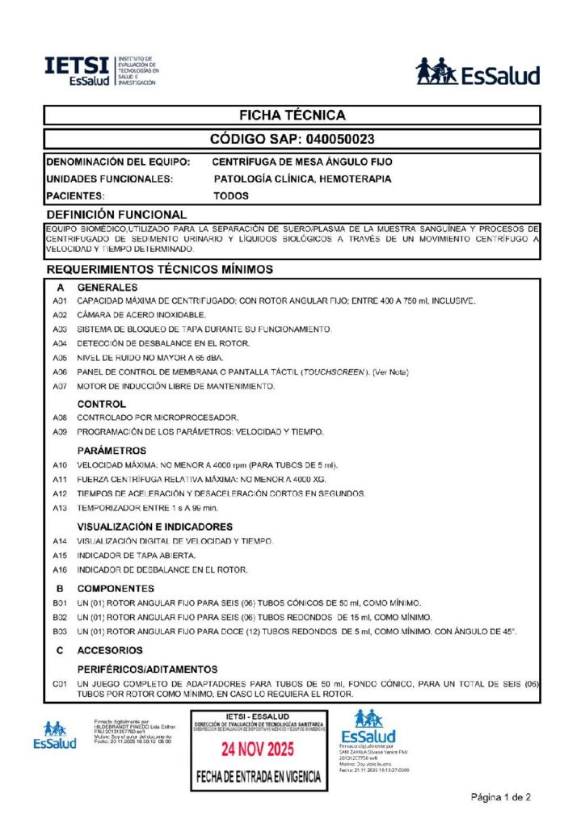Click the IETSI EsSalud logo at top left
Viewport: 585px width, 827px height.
103,71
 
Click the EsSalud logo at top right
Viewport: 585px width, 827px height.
477,72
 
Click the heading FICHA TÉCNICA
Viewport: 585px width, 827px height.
292,115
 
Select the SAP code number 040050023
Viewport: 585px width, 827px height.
334,139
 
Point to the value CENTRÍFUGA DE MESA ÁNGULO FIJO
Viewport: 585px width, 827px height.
302,162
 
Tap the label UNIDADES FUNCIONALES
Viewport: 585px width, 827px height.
109,178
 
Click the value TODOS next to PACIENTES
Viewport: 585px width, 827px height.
231,195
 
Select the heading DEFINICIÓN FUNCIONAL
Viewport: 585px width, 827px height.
116,215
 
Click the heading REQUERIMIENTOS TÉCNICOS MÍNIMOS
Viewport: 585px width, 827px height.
159,268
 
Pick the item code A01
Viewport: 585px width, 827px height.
59,301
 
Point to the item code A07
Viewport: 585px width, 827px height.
59,386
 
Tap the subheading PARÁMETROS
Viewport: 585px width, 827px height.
112,450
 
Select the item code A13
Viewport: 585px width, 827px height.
59,508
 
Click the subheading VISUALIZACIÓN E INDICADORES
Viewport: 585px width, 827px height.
154,527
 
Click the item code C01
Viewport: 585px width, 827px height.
59,684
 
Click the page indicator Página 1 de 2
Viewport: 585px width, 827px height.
501,798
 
